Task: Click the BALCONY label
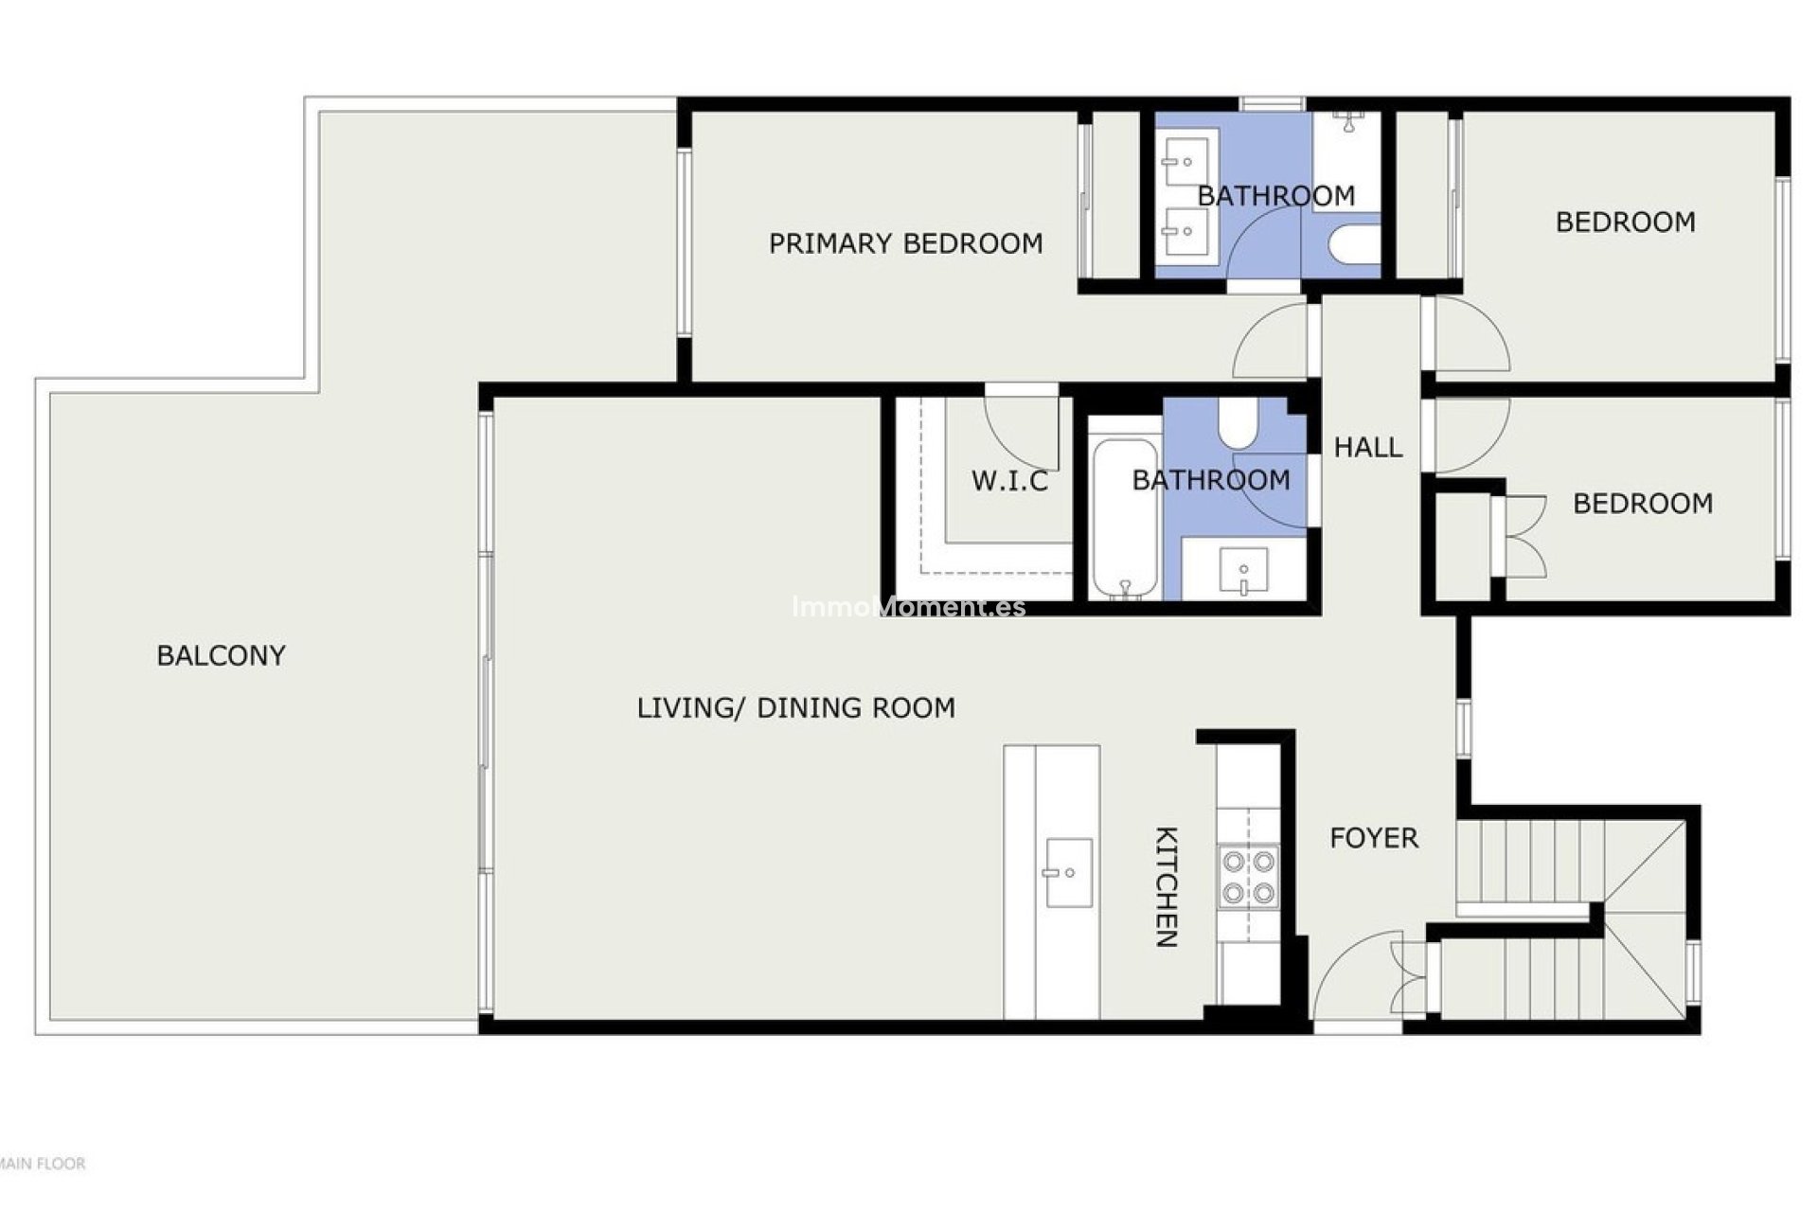(221, 655)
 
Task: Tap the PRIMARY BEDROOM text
(905, 243)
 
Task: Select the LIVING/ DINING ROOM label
(795, 707)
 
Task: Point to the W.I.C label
(1009, 481)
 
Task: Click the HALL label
(1368, 447)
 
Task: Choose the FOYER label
(1373, 838)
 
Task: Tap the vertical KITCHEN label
(1167, 887)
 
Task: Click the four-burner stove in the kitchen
(1248, 877)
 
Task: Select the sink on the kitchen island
(1069, 872)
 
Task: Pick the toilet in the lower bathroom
(1237, 424)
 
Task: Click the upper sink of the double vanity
(1185, 163)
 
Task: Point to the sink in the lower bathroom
(1243, 571)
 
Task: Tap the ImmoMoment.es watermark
(908, 607)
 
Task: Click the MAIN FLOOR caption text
(43, 1164)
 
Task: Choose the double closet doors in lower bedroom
(1520, 536)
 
